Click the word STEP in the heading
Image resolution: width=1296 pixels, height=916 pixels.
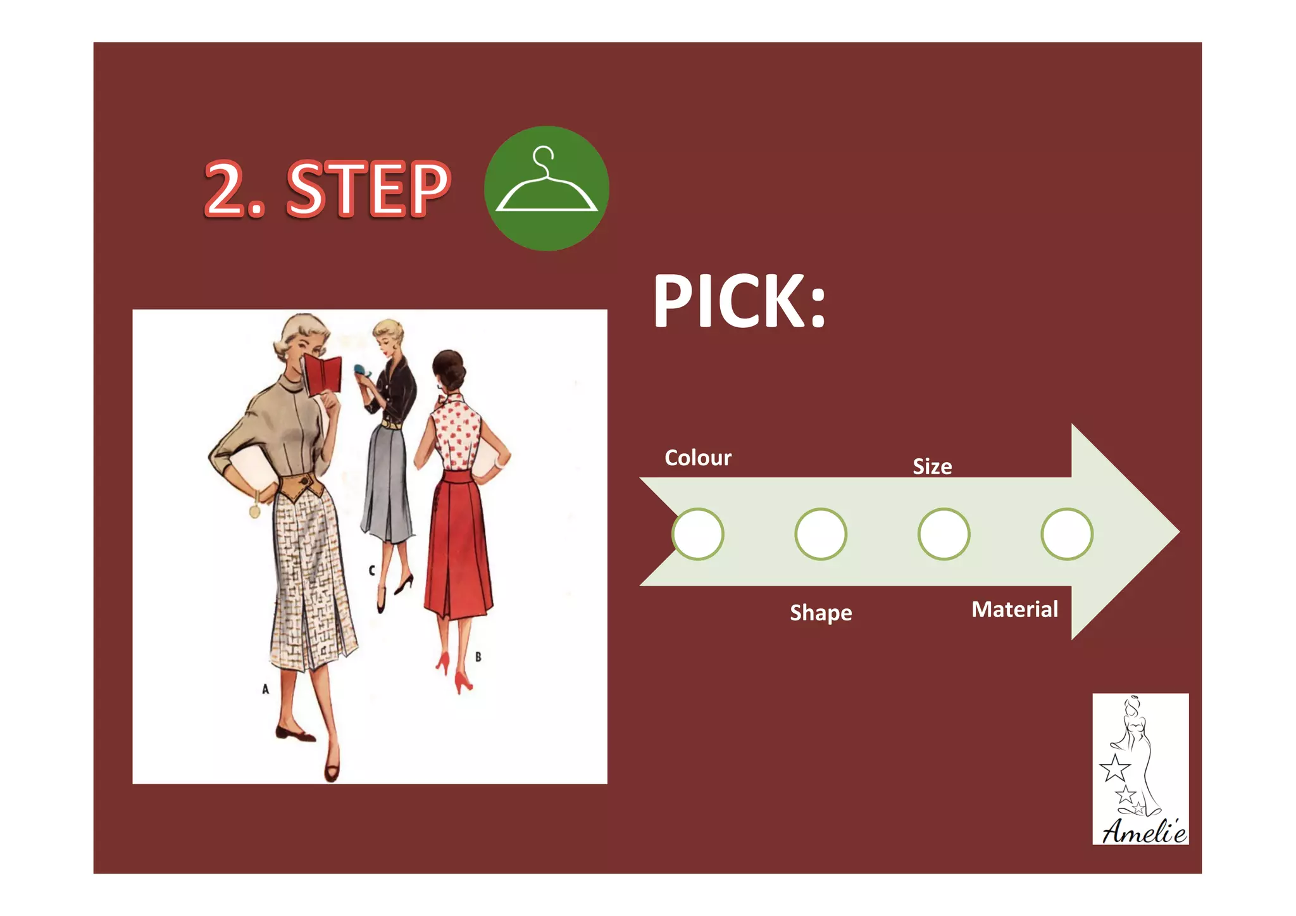pyautogui.click(x=368, y=189)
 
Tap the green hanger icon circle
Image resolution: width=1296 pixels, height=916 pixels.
pyautogui.click(x=546, y=188)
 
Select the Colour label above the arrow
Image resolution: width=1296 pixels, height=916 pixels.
pyautogui.click(x=697, y=458)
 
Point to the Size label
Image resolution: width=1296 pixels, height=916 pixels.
pyautogui.click(x=931, y=467)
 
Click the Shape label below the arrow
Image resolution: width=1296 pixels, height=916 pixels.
pyautogui.click(x=820, y=613)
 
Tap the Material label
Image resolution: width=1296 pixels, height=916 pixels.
pyautogui.click(x=1014, y=610)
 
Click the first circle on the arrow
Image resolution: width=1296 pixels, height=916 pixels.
pyautogui.click(x=697, y=534)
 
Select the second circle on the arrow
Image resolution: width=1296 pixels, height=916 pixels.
pyautogui.click(x=820, y=534)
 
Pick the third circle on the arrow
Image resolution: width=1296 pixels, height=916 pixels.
pyautogui.click(x=944, y=534)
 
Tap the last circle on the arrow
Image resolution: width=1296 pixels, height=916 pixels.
pyautogui.click(x=1066, y=534)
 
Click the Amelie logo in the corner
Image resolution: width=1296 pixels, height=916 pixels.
pyautogui.click(x=1140, y=769)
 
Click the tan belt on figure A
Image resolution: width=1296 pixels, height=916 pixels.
pyautogui.click(x=301, y=488)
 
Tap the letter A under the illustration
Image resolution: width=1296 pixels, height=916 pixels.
pyautogui.click(x=265, y=689)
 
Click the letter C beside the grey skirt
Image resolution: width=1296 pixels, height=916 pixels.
pyautogui.click(x=371, y=570)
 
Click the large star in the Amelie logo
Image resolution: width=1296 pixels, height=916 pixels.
pyautogui.click(x=1114, y=769)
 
